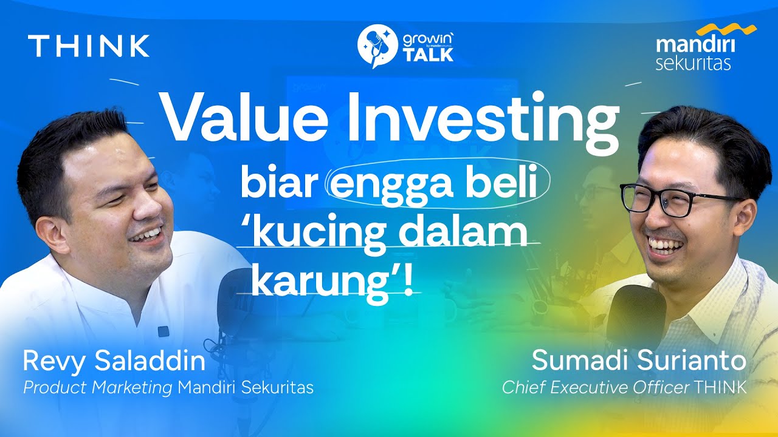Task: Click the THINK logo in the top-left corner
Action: click(89, 46)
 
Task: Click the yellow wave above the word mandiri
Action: click(726, 30)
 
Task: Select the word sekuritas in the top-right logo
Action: click(693, 63)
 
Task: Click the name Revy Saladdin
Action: click(114, 362)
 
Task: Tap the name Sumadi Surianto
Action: click(639, 361)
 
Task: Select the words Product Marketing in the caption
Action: click(98, 388)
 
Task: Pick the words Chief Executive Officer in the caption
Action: click(596, 388)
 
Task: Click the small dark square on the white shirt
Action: click(163, 331)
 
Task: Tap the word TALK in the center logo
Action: click(428, 55)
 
